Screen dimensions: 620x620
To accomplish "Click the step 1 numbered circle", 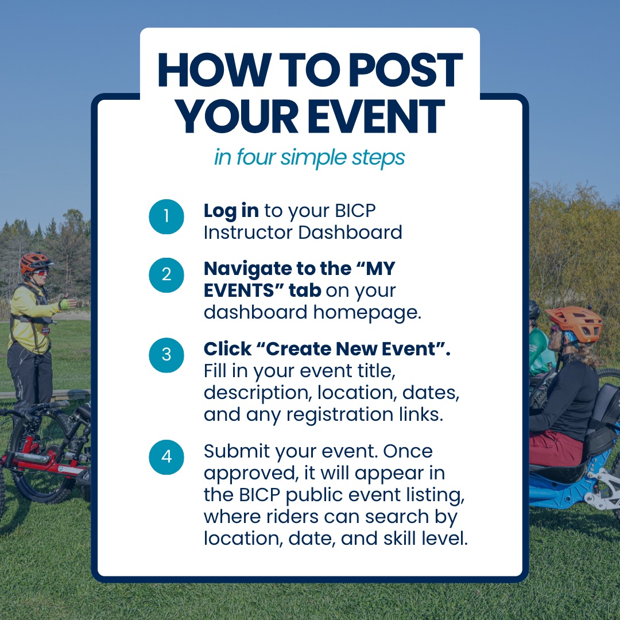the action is click(166, 216).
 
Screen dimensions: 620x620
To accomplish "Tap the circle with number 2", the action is click(166, 275).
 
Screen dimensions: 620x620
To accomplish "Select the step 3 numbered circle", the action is click(166, 355).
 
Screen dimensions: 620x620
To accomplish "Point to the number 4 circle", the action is click(166, 457).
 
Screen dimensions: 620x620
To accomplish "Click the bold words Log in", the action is click(231, 211).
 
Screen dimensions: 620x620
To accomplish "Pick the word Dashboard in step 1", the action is click(350, 232).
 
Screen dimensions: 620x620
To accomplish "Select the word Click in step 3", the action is click(227, 349).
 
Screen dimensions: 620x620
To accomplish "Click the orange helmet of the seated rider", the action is click(573, 322).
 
